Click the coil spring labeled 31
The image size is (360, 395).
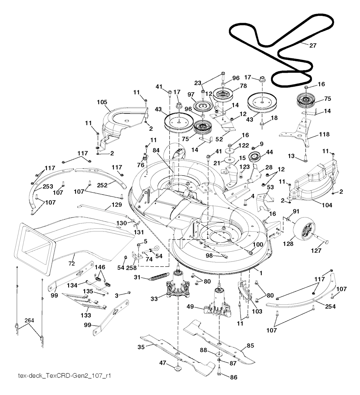[x=157, y=277]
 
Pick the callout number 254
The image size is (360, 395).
[x=330, y=306]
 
